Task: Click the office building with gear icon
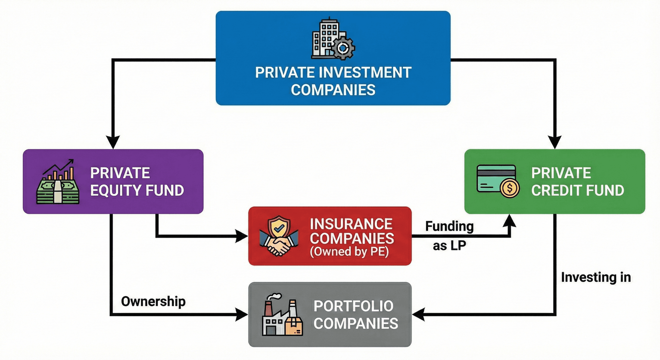tap(333, 39)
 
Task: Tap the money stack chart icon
tap(58, 182)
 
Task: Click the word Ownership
tap(153, 302)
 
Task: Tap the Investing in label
tap(596, 277)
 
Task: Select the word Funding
tap(449, 226)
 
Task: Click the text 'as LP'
tap(449, 246)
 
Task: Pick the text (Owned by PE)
tap(349, 252)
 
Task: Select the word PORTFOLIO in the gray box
tap(353, 306)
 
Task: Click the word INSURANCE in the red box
tap(351, 224)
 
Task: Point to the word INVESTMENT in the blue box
tap(365, 73)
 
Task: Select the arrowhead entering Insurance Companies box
tap(241, 236)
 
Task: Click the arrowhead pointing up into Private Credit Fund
tap(509, 221)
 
